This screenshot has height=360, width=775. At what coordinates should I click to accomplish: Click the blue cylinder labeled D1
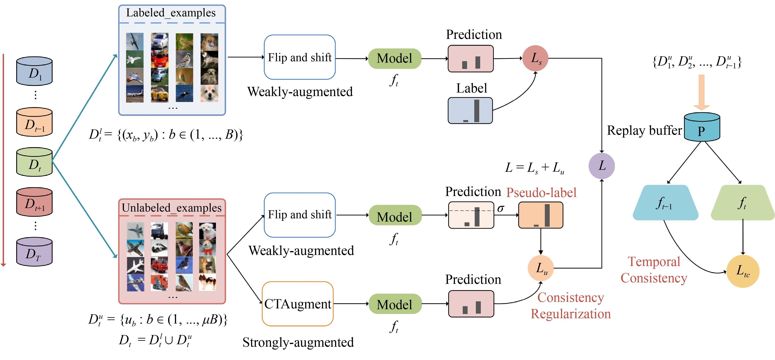34,71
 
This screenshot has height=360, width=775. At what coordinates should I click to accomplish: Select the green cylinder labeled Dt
34,162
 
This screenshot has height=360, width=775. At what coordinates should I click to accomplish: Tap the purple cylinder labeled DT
34,252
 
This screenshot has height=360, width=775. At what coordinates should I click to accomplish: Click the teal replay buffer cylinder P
702,128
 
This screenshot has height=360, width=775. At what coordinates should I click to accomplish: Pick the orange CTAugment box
297,304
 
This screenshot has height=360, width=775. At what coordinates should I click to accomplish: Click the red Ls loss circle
535,58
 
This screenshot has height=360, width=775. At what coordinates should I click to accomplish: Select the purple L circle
601,166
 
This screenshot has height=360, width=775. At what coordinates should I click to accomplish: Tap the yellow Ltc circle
743,271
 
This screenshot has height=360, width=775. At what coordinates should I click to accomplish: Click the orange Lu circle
541,268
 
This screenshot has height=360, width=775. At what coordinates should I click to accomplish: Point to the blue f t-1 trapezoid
665,203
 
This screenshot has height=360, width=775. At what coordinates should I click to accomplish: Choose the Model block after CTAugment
395,304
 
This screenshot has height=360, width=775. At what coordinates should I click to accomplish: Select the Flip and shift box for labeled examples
300,57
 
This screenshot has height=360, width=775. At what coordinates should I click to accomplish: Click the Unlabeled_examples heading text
171,208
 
